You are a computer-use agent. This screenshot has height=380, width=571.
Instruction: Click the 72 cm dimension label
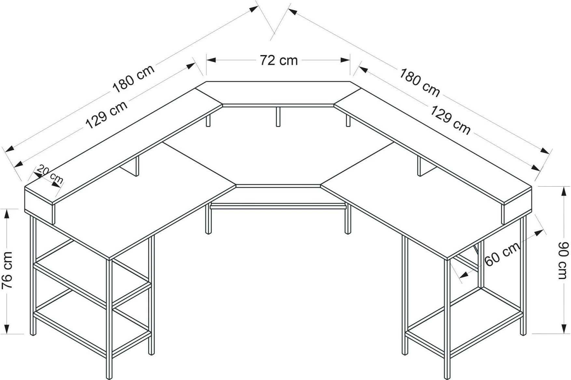[x=279, y=60]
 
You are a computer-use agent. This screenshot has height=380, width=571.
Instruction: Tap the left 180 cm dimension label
[x=133, y=79]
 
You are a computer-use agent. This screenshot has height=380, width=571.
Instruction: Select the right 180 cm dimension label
[x=419, y=82]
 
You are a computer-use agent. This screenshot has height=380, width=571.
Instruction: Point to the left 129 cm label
[x=106, y=115]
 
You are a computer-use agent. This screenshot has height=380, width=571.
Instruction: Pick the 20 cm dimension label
[x=50, y=174]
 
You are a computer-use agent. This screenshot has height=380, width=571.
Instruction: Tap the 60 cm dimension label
[x=502, y=254]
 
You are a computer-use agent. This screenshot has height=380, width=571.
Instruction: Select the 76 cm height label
[x=7, y=270]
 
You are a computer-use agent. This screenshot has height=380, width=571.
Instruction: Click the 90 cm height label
[x=564, y=260]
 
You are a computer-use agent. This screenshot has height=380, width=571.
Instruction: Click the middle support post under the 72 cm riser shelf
[x=278, y=117]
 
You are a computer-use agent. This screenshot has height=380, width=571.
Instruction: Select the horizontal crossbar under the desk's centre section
[x=278, y=206]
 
